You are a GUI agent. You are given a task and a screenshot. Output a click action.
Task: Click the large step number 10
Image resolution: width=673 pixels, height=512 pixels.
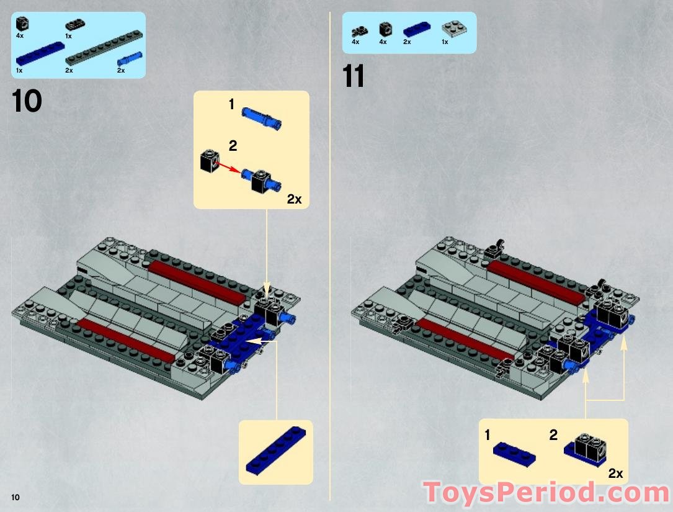tap(27, 101)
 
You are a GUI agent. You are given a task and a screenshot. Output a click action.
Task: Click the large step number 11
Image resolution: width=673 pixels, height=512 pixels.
tap(354, 78)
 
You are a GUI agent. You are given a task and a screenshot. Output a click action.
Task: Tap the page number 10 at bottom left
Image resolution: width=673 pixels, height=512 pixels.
tap(15, 497)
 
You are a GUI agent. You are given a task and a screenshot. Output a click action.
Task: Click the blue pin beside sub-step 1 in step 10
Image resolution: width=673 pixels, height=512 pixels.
tap(262, 117)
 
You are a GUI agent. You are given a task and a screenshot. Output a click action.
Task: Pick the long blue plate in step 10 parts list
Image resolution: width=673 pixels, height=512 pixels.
tap(40, 53)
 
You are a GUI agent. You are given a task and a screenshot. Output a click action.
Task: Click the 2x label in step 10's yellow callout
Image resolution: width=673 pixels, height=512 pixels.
tap(294, 199)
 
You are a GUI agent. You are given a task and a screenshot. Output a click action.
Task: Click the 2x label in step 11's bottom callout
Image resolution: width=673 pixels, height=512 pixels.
tap(615, 474)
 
